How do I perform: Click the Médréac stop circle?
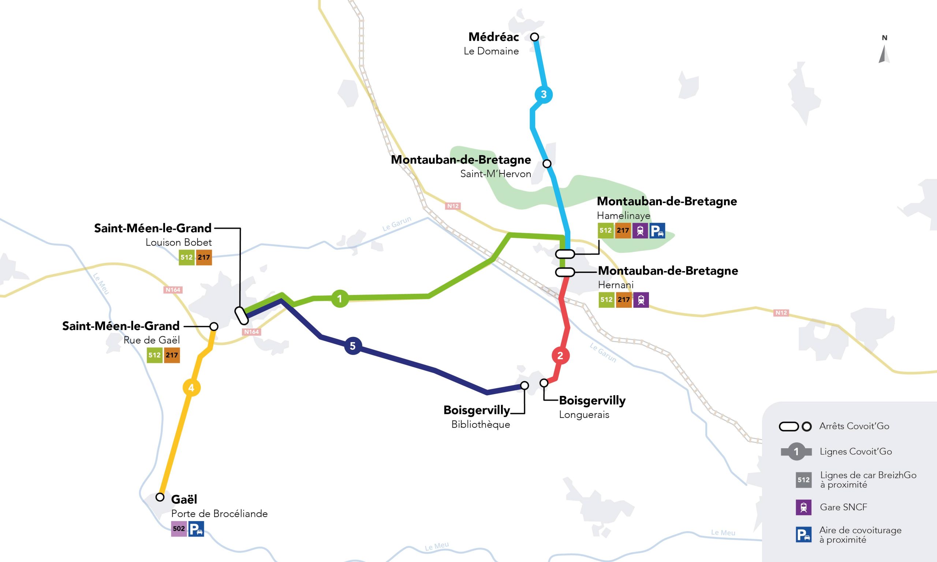[534, 37]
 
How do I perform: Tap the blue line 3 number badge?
[544, 94]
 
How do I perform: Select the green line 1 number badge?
[340, 299]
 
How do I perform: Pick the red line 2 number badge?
[560, 356]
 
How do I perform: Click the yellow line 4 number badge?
[191, 388]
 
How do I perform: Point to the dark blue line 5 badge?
[352, 346]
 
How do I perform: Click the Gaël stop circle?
[160, 497]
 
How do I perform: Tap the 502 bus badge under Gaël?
[179, 529]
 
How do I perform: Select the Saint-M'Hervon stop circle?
[547, 164]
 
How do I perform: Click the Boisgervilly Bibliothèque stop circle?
[525, 386]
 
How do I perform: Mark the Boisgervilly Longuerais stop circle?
[544, 383]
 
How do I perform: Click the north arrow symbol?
[884, 54]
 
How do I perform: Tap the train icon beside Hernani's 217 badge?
[641, 300]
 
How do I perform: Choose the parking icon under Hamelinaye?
[657, 231]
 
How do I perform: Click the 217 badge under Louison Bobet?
[204, 258]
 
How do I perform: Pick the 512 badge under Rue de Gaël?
[154, 355]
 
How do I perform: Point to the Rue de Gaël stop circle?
[214, 326]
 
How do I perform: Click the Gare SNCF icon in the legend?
[803, 507]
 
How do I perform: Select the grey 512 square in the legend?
[803, 480]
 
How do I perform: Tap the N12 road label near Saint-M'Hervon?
[453, 206]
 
